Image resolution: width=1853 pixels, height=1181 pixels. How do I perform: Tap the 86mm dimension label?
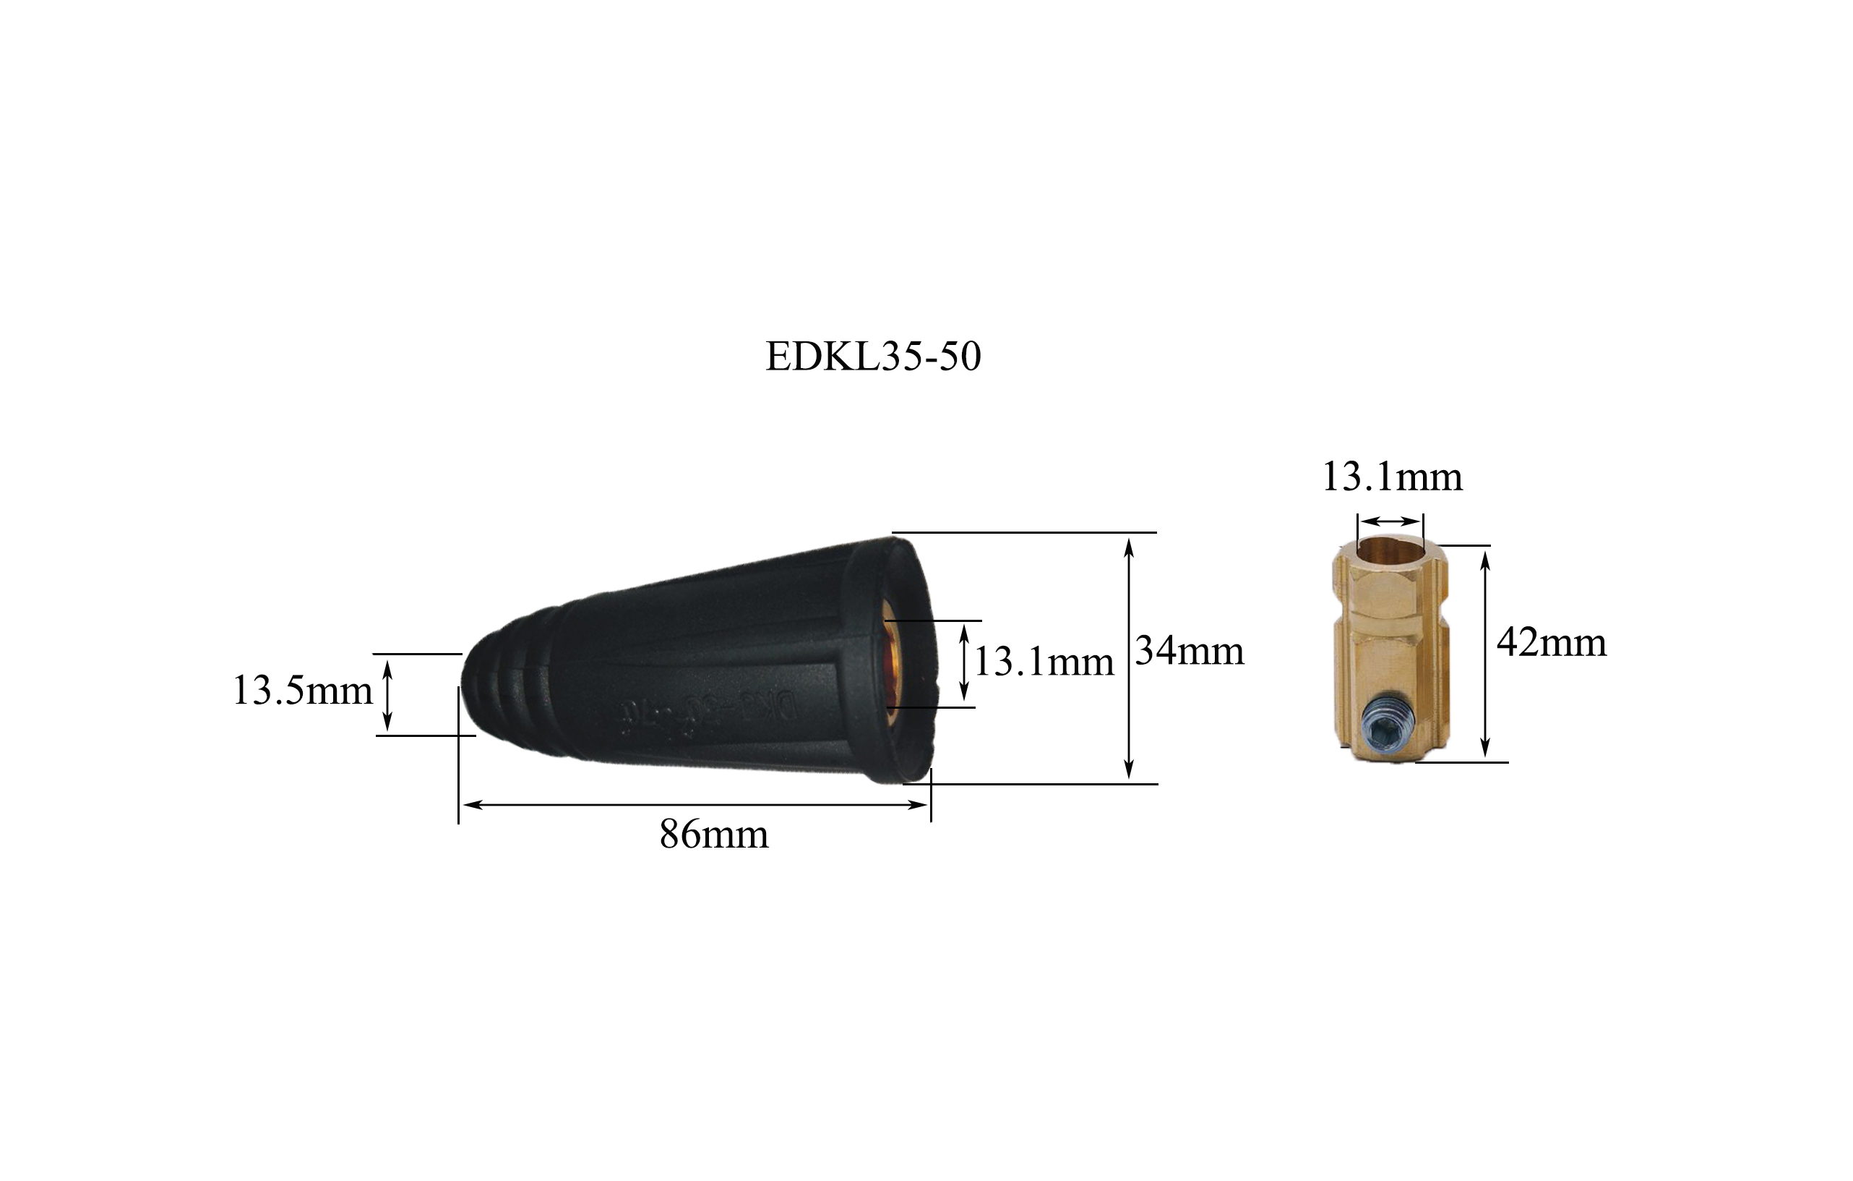click(713, 835)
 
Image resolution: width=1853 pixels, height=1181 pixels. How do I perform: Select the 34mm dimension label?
click(1189, 652)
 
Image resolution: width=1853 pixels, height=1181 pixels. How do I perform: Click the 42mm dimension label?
click(1552, 642)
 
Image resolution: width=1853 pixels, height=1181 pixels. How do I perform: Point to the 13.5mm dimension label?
click(301, 690)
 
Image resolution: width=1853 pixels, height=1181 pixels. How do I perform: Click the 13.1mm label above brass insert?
click(1391, 477)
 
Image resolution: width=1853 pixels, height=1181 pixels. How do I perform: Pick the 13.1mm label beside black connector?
click(1044, 662)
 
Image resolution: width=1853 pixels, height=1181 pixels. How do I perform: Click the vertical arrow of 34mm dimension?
click(1129, 658)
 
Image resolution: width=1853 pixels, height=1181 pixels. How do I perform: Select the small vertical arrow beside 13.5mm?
click(387, 695)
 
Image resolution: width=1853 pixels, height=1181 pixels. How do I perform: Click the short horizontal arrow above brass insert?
click(1390, 521)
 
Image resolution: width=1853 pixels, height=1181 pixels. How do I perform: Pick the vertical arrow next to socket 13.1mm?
click(964, 662)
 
